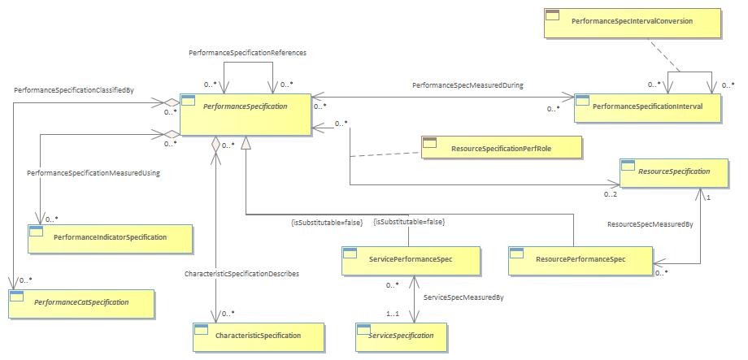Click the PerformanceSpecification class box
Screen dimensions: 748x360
[x=246, y=114]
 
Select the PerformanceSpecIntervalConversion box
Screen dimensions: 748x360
[x=633, y=23]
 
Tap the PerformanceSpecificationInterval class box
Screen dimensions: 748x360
[x=647, y=108]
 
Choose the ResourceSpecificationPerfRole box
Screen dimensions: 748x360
[x=502, y=146]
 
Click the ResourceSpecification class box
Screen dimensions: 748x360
[x=673, y=172]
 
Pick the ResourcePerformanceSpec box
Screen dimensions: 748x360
[x=580, y=260]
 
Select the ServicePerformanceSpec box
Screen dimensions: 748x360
[x=411, y=260]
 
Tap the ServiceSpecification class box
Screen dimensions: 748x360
[x=401, y=336]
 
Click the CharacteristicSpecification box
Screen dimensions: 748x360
[x=258, y=336]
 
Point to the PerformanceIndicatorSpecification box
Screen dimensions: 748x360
[x=111, y=238]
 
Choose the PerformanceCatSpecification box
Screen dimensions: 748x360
[x=81, y=303]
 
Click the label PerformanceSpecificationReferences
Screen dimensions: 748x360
[x=247, y=54]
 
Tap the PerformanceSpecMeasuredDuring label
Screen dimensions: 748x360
[x=467, y=86]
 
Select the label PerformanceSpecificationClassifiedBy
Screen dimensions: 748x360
[x=74, y=89]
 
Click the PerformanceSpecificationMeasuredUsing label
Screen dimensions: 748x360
[x=93, y=174]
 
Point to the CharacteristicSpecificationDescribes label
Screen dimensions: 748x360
[x=241, y=274]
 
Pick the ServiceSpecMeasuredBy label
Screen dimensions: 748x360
[x=463, y=297]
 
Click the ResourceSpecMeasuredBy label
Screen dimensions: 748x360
[x=650, y=223]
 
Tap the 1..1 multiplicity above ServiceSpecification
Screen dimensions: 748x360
[x=394, y=313]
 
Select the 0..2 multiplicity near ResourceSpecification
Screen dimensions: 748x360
[x=610, y=194]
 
